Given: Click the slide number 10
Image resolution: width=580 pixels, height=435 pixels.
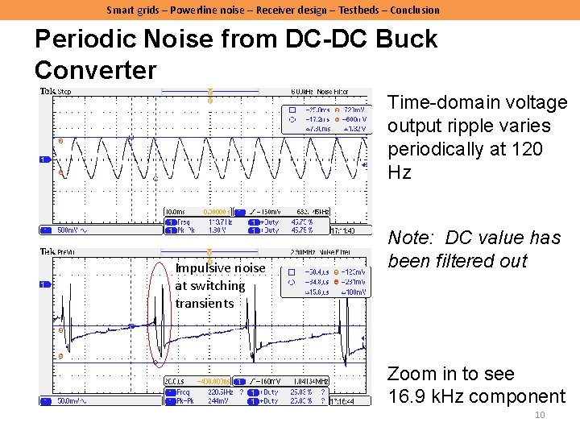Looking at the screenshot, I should coord(541,415).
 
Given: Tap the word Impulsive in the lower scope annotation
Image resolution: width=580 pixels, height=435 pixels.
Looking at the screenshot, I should coord(202,267).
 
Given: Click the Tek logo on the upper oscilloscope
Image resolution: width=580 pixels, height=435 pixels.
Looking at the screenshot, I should coord(48,92).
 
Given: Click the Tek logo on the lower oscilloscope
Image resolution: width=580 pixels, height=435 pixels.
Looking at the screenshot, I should coord(48,251).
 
